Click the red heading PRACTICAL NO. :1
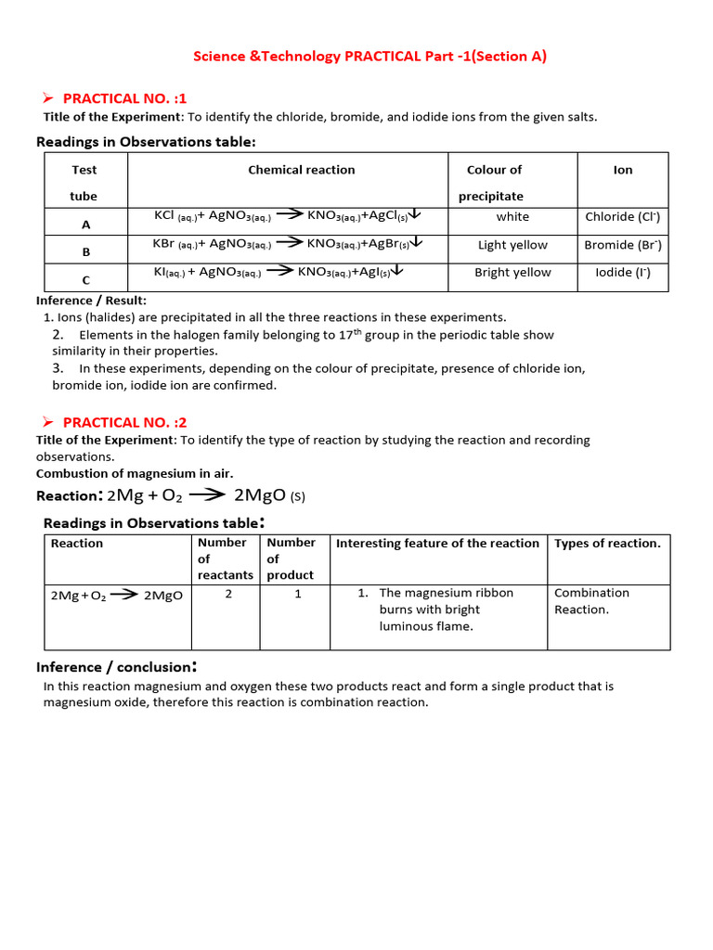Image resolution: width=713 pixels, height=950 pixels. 124,98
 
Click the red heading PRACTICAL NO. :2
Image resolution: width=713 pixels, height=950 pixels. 124,422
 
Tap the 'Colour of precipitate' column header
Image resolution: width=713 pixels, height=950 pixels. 493,183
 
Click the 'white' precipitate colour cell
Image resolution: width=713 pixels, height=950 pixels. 512,217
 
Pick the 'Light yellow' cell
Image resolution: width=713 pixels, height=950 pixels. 512,245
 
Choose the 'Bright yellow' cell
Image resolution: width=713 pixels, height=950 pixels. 512,273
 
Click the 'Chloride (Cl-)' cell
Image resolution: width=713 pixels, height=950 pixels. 622,217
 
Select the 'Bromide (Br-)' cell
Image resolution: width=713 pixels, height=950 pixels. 622,245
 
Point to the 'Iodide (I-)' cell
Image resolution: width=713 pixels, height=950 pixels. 622,273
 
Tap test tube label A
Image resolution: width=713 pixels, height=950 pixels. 85,224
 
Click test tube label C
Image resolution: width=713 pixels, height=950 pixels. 85,279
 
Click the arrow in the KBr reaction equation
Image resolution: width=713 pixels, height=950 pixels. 290,243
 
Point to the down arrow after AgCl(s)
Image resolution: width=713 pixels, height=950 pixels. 415,214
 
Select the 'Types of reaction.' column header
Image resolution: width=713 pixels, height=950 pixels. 607,544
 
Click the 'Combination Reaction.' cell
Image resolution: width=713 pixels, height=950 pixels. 590,601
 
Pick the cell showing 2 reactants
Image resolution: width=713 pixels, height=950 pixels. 228,594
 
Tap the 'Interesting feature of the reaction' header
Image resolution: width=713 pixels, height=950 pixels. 437,544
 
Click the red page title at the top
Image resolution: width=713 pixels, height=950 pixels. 369,57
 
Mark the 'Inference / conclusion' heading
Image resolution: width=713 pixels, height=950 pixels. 116,667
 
